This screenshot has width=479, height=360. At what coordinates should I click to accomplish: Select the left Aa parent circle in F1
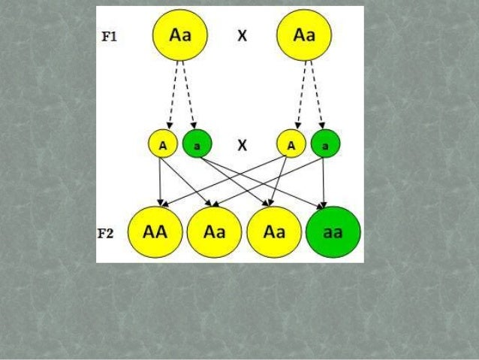tap(180, 35)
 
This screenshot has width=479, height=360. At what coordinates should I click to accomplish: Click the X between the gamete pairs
tap(243, 146)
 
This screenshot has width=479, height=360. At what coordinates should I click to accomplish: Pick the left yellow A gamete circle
tap(162, 144)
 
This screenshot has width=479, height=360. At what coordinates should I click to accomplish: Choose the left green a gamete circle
tap(196, 144)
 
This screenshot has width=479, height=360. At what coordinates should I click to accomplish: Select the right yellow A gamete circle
tap(291, 144)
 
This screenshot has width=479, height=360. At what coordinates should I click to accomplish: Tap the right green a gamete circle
tap(324, 144)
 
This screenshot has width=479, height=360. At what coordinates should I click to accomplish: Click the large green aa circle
tap(333, 232)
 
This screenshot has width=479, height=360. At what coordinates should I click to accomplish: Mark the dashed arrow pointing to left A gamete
tap(173, 94)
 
